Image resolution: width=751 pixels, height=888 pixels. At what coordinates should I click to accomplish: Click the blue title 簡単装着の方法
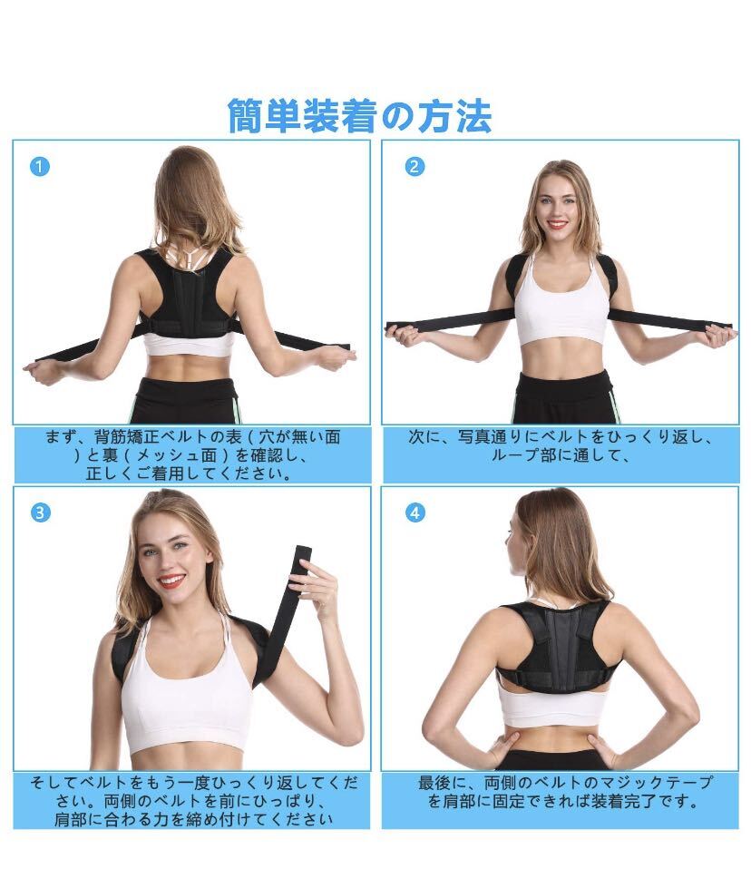[x=359, y=116]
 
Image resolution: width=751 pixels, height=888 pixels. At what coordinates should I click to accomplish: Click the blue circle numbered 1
[x=40, y=167]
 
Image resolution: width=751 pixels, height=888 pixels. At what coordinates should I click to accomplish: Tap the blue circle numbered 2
[x=415, y=167]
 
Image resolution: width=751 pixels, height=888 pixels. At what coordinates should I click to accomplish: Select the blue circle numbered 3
[x=40, y=513]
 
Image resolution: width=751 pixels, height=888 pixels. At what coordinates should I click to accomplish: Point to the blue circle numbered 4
[x=415, y=513]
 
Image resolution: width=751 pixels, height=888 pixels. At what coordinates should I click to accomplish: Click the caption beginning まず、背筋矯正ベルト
[x=192, y=455]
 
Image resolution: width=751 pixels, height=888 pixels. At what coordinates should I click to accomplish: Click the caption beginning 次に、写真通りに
[x=561, y=446]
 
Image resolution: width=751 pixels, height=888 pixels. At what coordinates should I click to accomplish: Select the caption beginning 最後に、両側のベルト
[x=565, y=792]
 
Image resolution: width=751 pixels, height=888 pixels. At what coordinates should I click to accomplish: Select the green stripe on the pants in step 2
[x=615, y=404]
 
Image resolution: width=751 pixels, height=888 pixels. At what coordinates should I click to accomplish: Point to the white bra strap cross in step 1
[x=187, y=255]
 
